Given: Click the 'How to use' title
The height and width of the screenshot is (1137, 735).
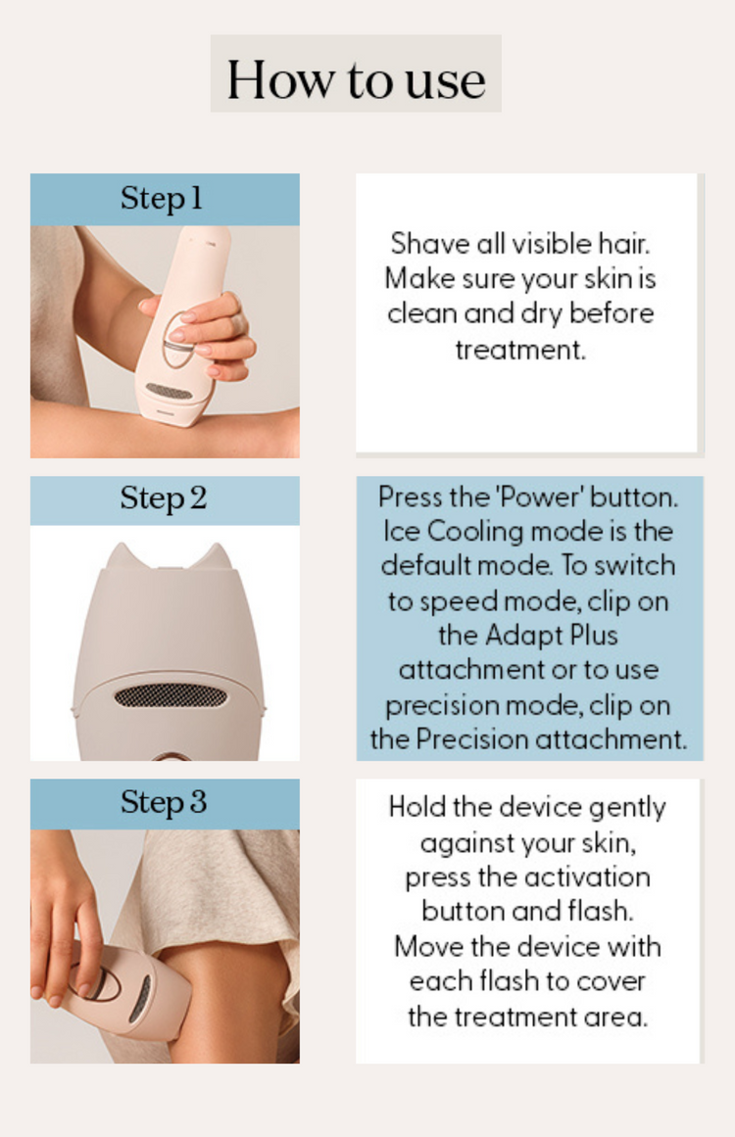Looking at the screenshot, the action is coord(357,79).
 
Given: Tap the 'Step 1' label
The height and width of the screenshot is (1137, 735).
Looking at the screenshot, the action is coord(161,199).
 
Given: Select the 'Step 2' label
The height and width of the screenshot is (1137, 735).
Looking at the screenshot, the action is coord(164,498).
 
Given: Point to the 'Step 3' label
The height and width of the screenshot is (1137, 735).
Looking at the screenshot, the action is coord(164,803).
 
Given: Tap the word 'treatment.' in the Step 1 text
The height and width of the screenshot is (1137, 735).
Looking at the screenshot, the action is coord(520,351).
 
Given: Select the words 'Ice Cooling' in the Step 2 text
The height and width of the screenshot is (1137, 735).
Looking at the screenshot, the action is coord(453,532).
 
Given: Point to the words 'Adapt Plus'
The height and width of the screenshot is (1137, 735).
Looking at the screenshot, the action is coord(551,636).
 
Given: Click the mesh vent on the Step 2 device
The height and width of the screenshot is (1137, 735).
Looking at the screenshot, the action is coord(171,697).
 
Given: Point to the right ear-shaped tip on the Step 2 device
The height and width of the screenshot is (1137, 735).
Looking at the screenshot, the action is coord(218,557).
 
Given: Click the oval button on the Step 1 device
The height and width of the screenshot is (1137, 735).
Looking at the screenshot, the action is coord(177,340).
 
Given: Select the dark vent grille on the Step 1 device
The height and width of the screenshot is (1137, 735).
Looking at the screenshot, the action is coord(169,392).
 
